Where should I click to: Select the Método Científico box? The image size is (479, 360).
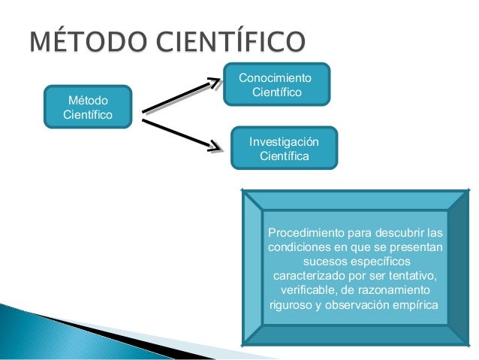(88, 107)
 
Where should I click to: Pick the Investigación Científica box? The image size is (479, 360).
(283, 148)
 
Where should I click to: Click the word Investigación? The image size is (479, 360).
(284, 141)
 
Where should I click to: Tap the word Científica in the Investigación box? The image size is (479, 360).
(284, 156)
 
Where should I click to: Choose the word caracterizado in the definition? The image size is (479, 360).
(312, 276)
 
